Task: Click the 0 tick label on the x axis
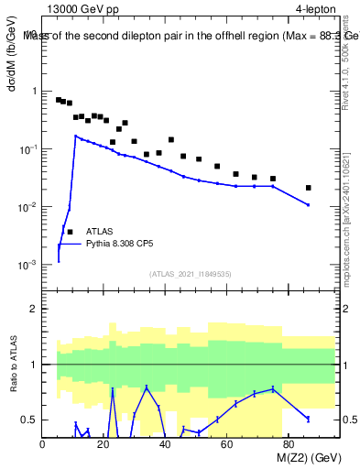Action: pyautogui.click(x=43, y=445)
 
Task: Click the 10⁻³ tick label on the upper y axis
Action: pyautogui.click(x=27, y=265)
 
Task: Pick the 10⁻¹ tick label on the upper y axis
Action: pyautogui.click(x=27, y=149)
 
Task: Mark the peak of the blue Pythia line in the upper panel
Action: pyautogui.click(x=76, y=136)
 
